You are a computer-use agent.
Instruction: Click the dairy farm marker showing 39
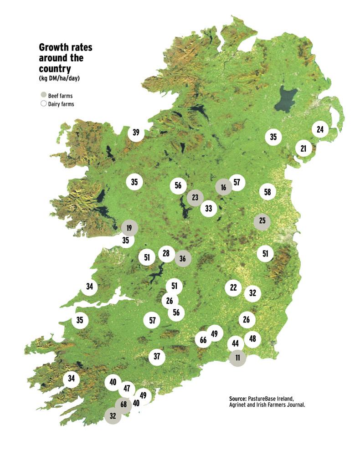tap(135, 133)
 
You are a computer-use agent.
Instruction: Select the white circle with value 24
tap(320, 130)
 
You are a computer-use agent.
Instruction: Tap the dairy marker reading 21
tap(303, 148)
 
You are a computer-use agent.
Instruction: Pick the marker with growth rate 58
tap(267, 192)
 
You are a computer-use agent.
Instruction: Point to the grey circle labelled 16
tap(223, 187)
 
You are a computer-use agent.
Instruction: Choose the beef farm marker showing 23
tap(195, 198)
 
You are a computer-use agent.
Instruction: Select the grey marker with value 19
tap(129, 228)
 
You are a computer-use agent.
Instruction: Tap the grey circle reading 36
tap(183, 258)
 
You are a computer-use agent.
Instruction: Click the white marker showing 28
tap(166, 253)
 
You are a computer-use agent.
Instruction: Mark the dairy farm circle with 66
tap(203, 340)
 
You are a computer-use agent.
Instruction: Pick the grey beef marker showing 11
tap(237, 358)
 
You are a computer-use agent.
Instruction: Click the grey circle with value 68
tap(123, 405)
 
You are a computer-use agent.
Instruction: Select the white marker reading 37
tap(157, 356)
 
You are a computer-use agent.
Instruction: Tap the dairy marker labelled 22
tap(233, 287)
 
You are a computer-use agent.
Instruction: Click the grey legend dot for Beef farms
tap(43, 96)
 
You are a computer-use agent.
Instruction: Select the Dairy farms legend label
tap(61, 104)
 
